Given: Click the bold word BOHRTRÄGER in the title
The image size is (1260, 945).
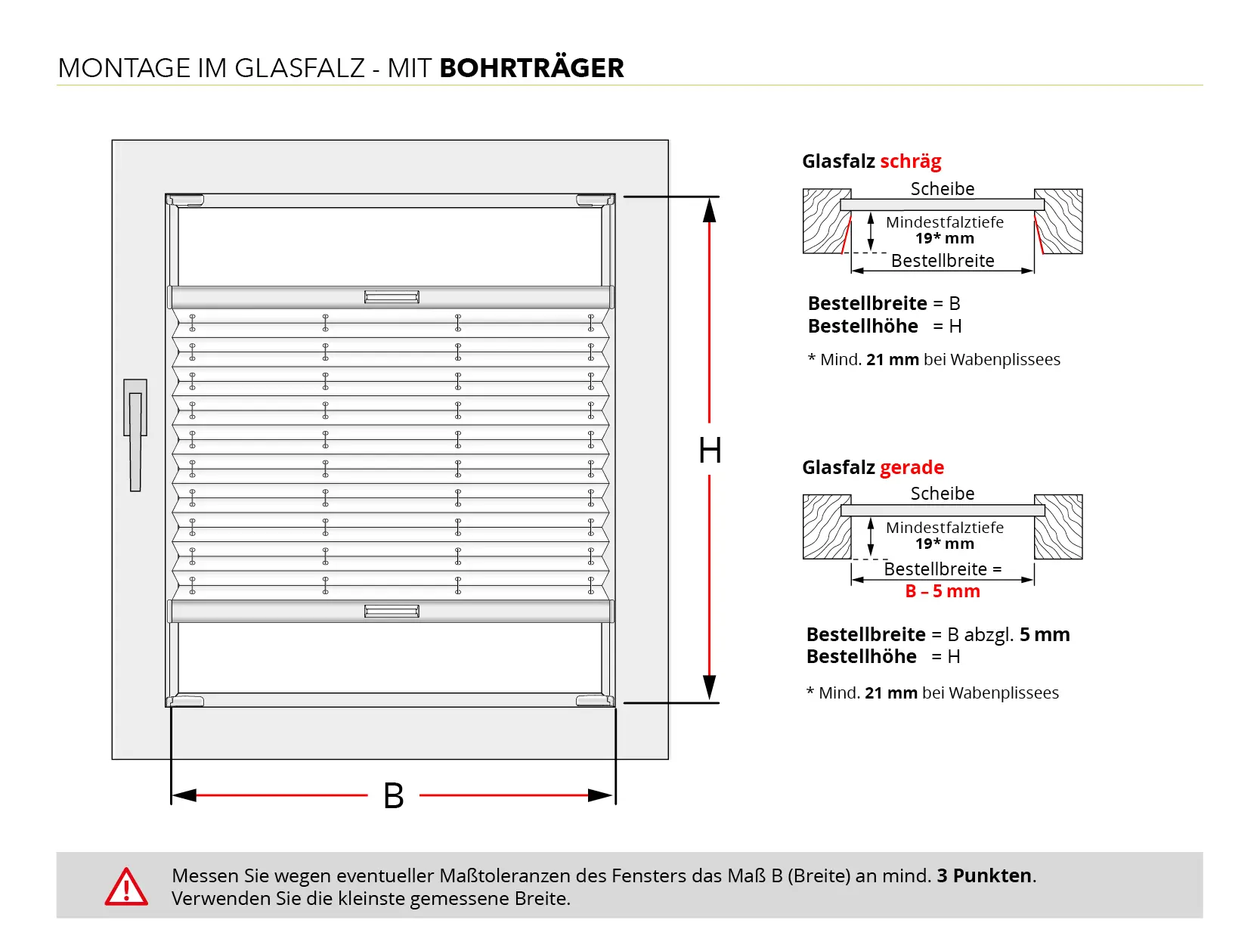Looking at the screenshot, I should (x=531, y=68).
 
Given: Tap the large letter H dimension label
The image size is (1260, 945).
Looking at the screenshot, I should (x=710, y=451).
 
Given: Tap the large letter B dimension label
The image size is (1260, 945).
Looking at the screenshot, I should (x=393, y=796).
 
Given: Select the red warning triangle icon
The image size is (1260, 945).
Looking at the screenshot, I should (x=126, y=888).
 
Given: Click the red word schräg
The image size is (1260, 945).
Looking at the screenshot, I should (x=910, y=161).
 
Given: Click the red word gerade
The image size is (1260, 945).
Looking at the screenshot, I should (x=912, y=467).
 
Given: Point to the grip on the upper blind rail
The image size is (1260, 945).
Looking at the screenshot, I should (x=392, y=297).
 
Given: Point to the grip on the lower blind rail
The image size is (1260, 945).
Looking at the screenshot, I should (x=392, y=611).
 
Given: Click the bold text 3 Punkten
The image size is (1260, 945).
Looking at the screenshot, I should (x=985, y=875).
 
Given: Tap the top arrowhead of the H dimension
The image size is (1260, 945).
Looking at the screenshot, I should (x=709, y=210).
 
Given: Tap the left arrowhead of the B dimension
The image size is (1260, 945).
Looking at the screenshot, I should (x=184, y=795).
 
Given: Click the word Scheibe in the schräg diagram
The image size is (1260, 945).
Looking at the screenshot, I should (x=942, y=188).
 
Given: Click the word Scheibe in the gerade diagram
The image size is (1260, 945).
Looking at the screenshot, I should (x=942, y=493).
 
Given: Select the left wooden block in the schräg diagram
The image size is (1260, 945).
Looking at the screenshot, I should (x=825, y=221).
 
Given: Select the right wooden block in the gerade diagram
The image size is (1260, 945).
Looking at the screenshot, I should (x=1059, y=527).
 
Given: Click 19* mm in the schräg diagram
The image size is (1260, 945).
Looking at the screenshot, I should (x=944, y=238).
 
